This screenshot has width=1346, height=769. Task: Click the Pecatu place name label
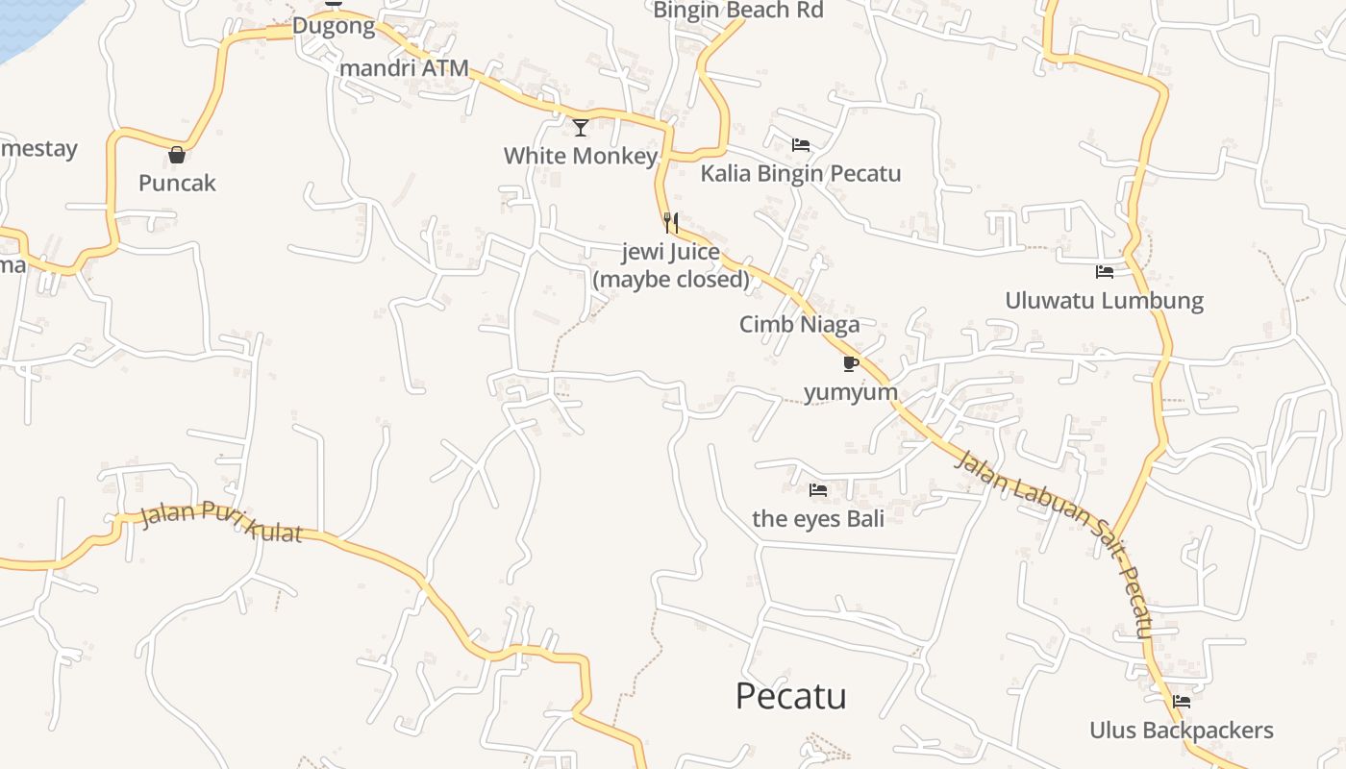[790, 696]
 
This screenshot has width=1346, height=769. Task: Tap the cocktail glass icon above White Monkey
[581, 127]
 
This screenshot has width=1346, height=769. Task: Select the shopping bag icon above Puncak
[177, 154]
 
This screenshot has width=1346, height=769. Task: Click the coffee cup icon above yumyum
[850, 363]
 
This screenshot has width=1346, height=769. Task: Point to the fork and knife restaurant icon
[671, 223]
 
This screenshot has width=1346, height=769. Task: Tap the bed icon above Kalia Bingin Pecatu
[801, 145]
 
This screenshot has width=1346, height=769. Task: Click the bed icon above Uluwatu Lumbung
[1104, 272]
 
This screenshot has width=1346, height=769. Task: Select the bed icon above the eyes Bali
[818, 490]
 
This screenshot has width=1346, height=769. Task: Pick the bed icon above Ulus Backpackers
[1182, 702]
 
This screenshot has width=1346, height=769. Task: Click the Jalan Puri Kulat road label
[221, 521]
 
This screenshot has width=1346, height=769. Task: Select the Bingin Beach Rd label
[738, 11]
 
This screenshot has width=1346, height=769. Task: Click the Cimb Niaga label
[799, 325]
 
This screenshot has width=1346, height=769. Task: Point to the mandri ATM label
[404, 68]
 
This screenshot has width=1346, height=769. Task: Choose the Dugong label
[334, 26]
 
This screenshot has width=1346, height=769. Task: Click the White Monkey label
[581, 156]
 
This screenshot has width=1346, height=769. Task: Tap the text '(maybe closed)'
[670, 280]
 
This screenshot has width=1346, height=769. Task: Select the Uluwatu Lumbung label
[1104, 301]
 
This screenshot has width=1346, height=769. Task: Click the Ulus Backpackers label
[1181, 731]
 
